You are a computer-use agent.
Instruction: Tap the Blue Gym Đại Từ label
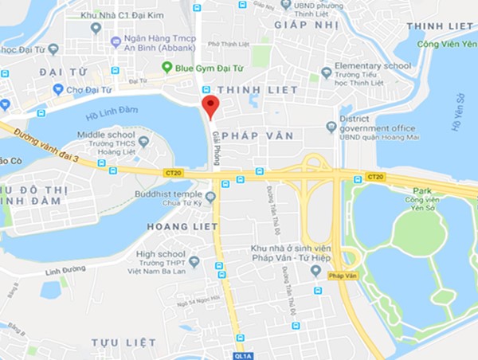tap(207, 68)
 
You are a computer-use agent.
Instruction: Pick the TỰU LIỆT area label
tap(123, 342)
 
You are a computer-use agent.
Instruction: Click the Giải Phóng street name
tap(217, 147)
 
